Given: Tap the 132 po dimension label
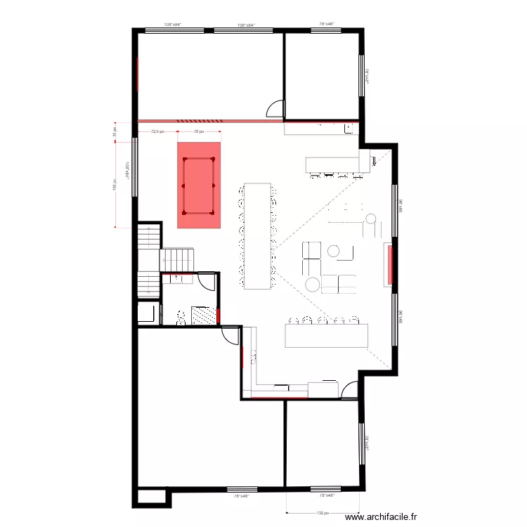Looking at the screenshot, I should (x=322, y=512).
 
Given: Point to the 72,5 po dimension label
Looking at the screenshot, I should (x=158, y=131).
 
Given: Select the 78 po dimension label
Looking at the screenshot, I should (x=199, y=131).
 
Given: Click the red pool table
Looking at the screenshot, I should (x=199, y=186).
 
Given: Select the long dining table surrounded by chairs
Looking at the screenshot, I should (x=257, y=235).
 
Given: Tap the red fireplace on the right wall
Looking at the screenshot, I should (x=388, y=264).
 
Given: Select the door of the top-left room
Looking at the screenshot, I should (x=275, y=108).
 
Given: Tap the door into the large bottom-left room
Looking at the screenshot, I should (x=230, y=336).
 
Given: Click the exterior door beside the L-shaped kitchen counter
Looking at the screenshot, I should (x=349, y=390).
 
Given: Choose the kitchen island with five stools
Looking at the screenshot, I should (x=326, y=334).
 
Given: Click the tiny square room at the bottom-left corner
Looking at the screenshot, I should (x=151, y=497).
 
